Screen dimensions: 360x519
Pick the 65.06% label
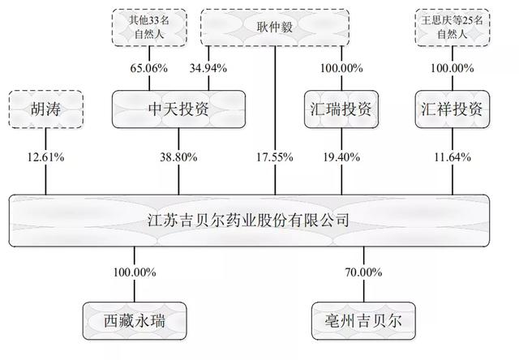pyautogui.click(x=148, y=67)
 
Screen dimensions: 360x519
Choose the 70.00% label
pyautogui.click(x=362, y=272)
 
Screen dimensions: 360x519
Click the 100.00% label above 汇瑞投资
pyautogui.click(x=341, y=67)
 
